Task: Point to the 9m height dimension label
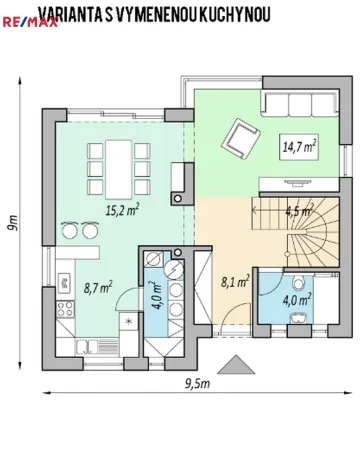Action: pyautogui.click(x=13, y=223)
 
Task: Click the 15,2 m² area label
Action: pyautogui.click(x=122, y=210)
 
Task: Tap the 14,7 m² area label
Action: pyautogui.click(x=296, y=147)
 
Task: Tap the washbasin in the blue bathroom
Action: pyautogui.click(x=297, y=317)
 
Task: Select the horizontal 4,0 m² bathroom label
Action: pyautogui.click(x=297, y=297)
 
